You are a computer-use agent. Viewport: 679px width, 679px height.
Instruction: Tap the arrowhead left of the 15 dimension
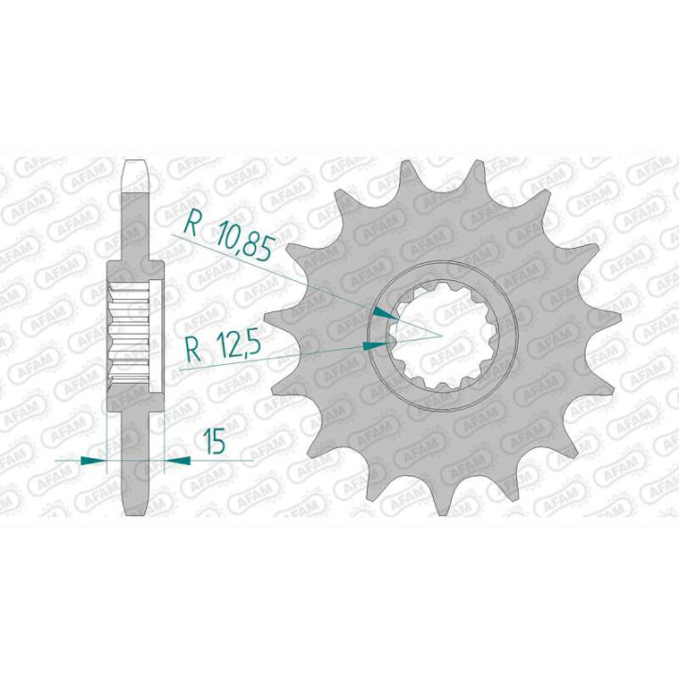pyautogui.click(x=93, y=460)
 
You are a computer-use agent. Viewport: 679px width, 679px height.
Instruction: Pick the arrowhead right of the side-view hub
pyautogui.click(x=176, y=460)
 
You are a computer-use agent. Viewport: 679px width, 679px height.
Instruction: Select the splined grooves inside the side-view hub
pyautogui.click(x=130, y=335)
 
